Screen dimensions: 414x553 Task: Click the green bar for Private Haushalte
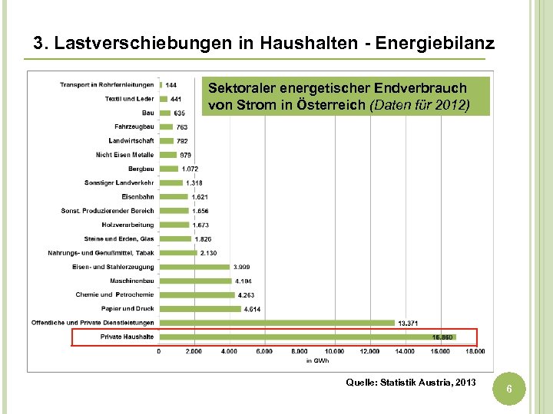(x=307, y=337)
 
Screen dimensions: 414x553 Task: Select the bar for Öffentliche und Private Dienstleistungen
(x=276, y=323)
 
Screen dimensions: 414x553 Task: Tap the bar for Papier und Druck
(x=200, y=309)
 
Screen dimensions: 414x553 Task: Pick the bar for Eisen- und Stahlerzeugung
(x=194, y=267)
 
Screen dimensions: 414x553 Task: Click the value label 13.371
(x=408, y=324)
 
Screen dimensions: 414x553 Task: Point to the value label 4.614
(x=252, y=310)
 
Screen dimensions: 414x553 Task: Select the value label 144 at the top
(x=171, y=85)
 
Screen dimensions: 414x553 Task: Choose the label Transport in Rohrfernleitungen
(x=107, y=84)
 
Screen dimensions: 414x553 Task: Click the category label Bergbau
(x=141, y=169)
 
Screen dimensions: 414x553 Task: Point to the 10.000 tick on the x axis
(x=334, y=351)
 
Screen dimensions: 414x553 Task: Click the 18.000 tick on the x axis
(x=475, y=351)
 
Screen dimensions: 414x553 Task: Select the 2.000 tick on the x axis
(x=194, y=351)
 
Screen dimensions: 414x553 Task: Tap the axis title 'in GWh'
(x=316, y=360)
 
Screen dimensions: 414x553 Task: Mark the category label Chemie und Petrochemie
(x=114, y=294)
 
